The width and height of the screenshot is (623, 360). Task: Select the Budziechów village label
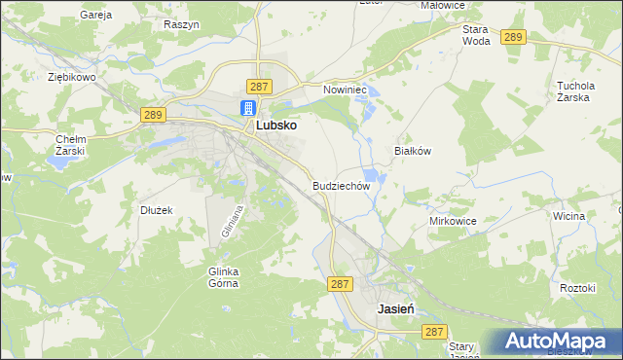click(342, 185)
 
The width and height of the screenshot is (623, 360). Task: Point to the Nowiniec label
click(343, 90)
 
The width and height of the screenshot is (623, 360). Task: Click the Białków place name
click(411, 152)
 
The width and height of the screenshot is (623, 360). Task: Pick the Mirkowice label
click(453, 222)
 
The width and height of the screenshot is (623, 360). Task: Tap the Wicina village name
click(568, 215)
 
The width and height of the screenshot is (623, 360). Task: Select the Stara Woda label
click(476, 35)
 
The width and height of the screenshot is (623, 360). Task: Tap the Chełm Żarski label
click(71, 145)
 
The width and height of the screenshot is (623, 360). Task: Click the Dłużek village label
click(156, 209)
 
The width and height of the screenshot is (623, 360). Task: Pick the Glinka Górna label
click(223, 276)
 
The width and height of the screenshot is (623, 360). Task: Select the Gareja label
click(97, 16)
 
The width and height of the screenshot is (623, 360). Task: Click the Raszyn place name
click(182, 23)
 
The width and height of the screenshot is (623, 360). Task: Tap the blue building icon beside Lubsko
click(248, 108)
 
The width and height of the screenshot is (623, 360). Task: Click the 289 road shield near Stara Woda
click(514, 37)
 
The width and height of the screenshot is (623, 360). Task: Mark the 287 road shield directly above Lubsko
click(259, 87)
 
